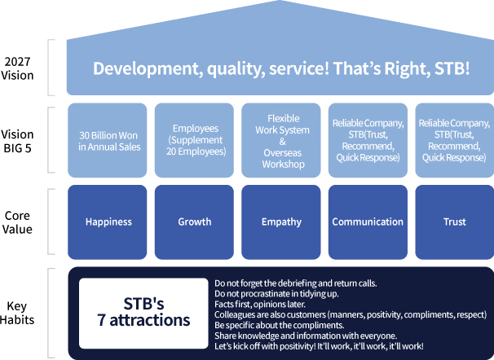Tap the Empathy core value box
[281, 222]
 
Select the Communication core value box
[368, 222]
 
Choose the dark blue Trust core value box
[455, 222]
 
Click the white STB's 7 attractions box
[140, 314]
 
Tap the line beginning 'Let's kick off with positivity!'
[318, 345]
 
